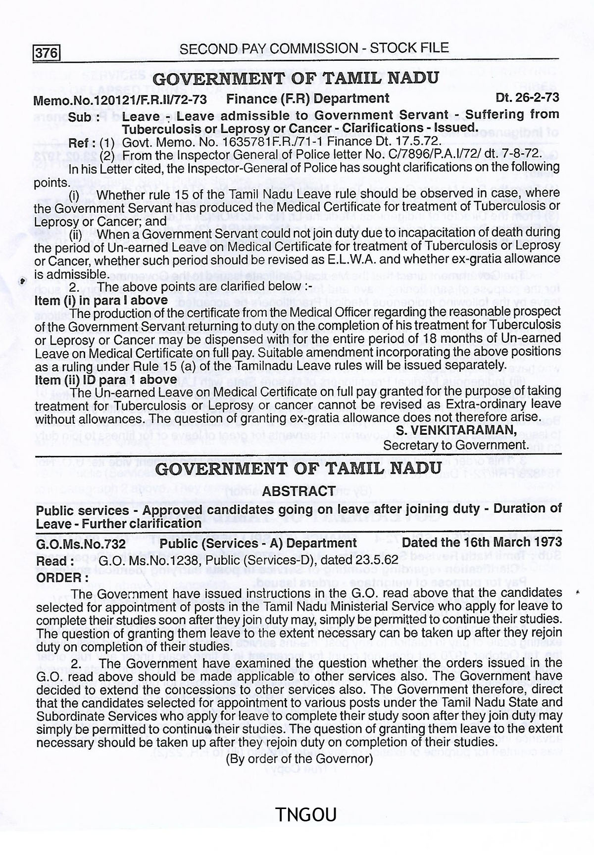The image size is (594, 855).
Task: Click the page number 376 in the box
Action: (47, 52)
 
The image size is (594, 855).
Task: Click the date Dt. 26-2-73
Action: (527, 97)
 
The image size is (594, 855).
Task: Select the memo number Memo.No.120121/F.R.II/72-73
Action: (120, 100)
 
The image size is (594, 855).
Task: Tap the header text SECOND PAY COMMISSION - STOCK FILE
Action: (314, 48)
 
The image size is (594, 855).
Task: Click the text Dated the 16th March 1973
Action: (482, 543)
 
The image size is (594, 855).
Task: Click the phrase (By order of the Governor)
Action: (299, 759)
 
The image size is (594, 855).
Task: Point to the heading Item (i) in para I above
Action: (101, 300)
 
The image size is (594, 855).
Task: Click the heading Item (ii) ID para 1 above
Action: (106, 380)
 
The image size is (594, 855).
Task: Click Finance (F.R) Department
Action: (308, 98)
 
